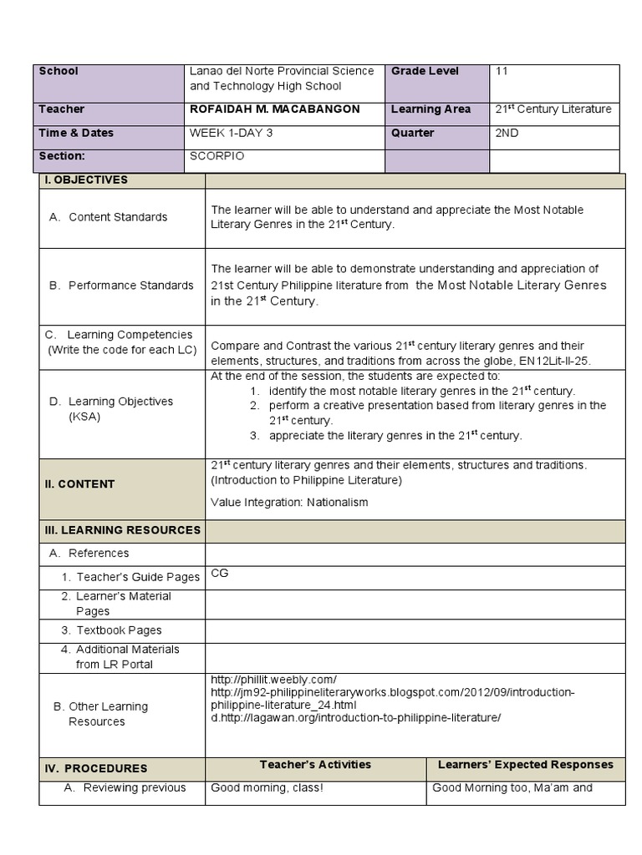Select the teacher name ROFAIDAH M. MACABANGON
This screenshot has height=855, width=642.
pos(275,109)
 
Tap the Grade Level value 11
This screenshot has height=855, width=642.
pos(502,72)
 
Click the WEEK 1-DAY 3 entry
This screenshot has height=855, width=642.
pos(236,133)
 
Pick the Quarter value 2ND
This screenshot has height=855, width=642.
pos(507,133)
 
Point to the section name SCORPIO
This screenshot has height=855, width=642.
pos(217,156)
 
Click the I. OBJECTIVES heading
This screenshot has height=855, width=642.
pos(86,180)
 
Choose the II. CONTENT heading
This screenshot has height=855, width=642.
pos(80,484)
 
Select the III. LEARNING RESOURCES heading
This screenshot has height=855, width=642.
pos(122,530)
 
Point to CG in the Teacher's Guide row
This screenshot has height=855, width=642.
pos(219,574)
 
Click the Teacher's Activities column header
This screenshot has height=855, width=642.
pos(315,765)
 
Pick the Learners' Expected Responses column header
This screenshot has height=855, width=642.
pos(525,765)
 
